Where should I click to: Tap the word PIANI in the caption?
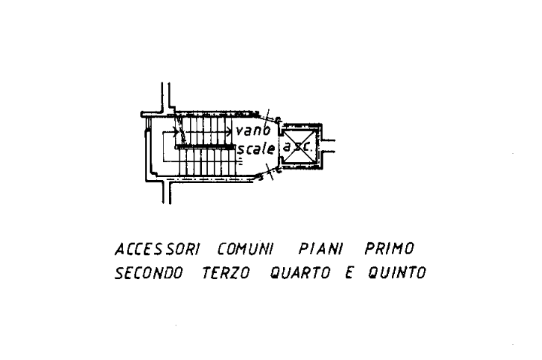321,249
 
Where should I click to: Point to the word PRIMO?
389,249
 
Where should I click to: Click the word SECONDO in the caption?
148,274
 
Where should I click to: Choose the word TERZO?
226,274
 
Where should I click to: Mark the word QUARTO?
300,274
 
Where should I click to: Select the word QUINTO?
397,274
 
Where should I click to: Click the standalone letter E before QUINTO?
348,274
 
